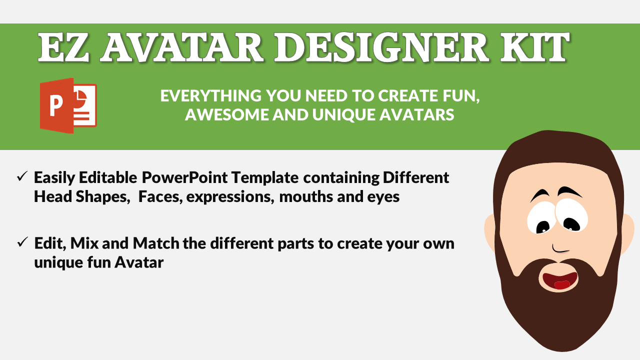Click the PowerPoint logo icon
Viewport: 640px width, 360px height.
tap(68, 105)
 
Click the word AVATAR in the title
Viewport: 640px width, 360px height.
tap(182, 47)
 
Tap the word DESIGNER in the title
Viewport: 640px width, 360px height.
tap(382, 47)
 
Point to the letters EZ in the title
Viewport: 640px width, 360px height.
tap(63, 47)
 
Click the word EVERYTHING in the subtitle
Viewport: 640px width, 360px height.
tap(211, 95)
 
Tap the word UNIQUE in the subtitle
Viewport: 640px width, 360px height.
tap(344, 115)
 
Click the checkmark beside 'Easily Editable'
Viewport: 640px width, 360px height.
tap(22, 176)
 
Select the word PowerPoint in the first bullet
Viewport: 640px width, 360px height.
tap(184, 177)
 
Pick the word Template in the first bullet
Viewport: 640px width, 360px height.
tap(265, 178)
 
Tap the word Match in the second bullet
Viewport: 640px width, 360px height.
tap(156, 243)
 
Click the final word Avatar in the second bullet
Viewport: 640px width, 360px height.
tap(139, 262)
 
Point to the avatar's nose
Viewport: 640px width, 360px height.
tap(560, 249)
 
